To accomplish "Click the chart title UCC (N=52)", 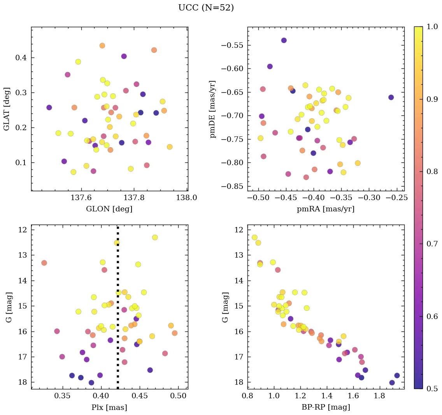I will [x=206, y=8].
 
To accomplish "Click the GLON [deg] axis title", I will [x=109, y=209].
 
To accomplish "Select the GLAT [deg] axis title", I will [x=7, y=109].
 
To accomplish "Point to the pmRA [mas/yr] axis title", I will [x=325, y=209].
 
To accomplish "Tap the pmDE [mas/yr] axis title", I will [x=212, y=109].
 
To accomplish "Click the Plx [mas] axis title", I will [x=109, y=407].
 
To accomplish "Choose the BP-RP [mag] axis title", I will [x=325, y=407].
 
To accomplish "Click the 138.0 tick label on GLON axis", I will [x=186, y=197].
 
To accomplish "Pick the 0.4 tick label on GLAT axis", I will [x=21, y=58].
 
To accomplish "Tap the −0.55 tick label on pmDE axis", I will [x=232, y=45].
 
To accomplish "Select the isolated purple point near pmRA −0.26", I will [x=391, y=97].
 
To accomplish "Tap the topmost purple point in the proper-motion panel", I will [x=284, y=40].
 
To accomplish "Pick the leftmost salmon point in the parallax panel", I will [x=44, y=263].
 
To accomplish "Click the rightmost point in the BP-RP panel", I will [x=397, y=375].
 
